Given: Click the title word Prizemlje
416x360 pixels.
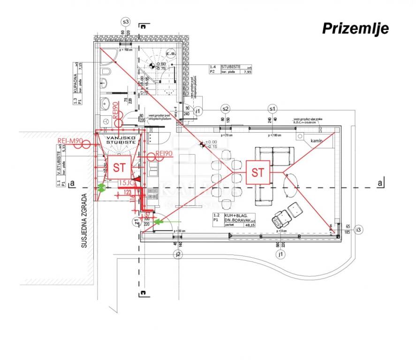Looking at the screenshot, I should [355, 29].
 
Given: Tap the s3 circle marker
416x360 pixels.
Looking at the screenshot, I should [125, 22].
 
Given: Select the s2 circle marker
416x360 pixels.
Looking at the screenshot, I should [226, 109].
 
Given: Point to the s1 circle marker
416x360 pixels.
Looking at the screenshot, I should [272, 109].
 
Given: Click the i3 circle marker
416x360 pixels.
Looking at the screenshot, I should [359, 229].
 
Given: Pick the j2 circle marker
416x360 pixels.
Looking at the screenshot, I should [177, 255].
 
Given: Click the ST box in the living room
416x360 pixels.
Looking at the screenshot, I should [257, 172].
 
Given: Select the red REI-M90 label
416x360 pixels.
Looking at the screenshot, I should [70, 141].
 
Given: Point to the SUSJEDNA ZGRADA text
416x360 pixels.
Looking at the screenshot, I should [84, 221].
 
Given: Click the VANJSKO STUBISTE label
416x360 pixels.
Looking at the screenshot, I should [121, 139].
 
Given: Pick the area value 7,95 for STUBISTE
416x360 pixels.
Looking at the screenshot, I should [246, 72].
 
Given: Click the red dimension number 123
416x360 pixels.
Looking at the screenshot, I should [128, 192].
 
